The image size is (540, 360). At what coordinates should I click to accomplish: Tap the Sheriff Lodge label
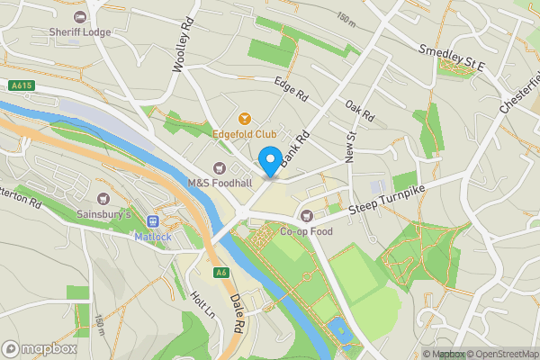79,31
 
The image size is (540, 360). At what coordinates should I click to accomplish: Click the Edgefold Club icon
243,118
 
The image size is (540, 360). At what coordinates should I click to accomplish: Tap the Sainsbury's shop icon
103,198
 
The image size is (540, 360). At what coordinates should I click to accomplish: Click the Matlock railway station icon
153,221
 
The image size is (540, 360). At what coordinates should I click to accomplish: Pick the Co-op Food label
306,231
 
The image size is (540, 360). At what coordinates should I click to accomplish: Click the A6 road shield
220,273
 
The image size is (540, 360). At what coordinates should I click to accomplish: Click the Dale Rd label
238,310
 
